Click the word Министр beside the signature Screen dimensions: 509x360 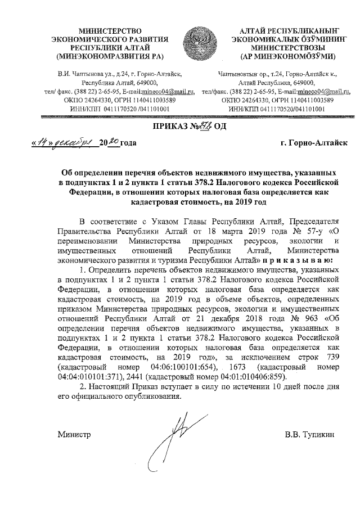pos(74,434)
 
